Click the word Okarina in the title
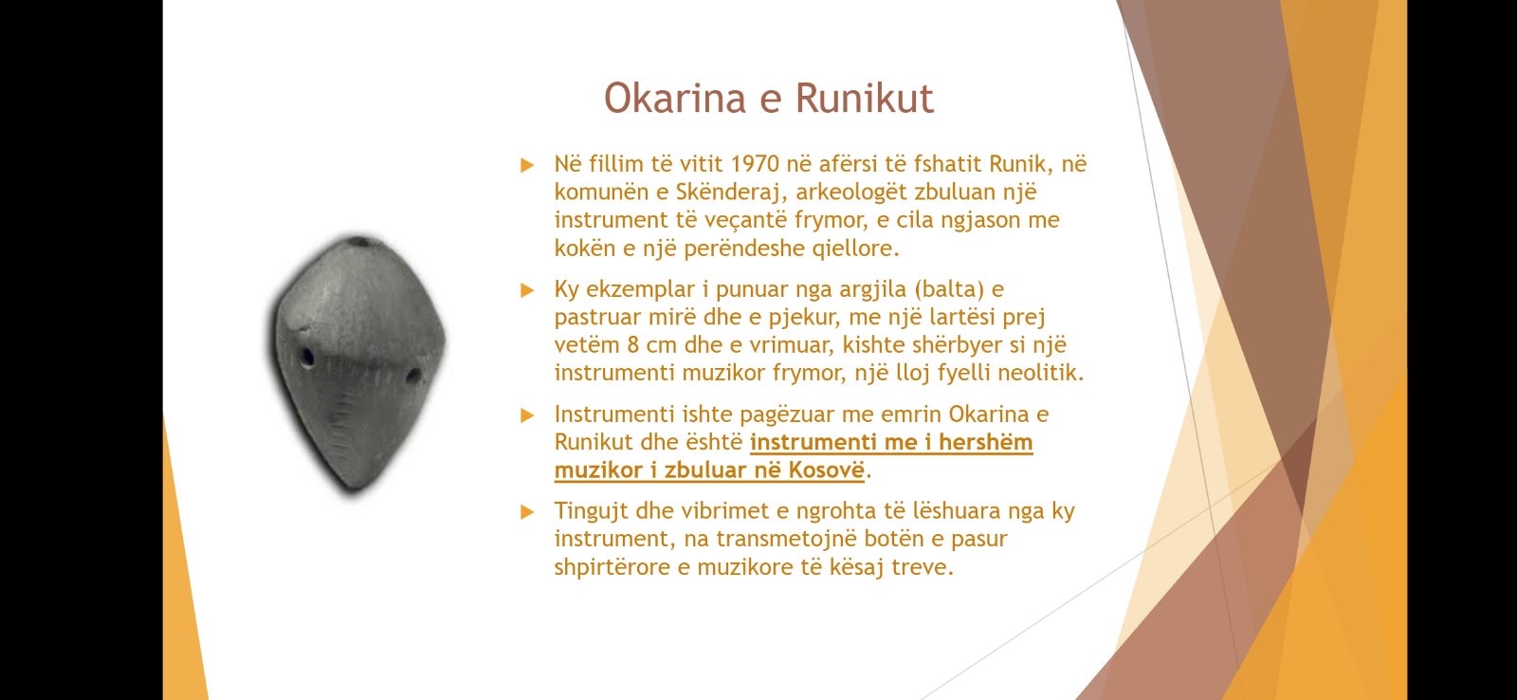coord(674,98)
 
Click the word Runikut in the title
coord(864,98)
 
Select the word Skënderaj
coord(730,193)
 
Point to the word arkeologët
coord(851,193)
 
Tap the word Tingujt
coord(592,511)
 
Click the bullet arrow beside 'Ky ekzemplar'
coord(527,290)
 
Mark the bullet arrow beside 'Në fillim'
coord(527,165)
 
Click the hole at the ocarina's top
coord(360,241)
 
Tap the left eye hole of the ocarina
coord(307,358)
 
